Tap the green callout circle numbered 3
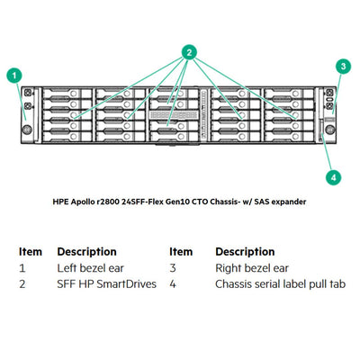click(342, 66)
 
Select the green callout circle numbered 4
click(333, 176)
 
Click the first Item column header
click(31, 251)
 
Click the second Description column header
click(245, 251)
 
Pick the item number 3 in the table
click(173, 268)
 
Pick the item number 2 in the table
click(22, 284)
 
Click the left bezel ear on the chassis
click(28, 111)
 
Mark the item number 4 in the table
click(173, 284)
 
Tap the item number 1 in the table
click(22, 268)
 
